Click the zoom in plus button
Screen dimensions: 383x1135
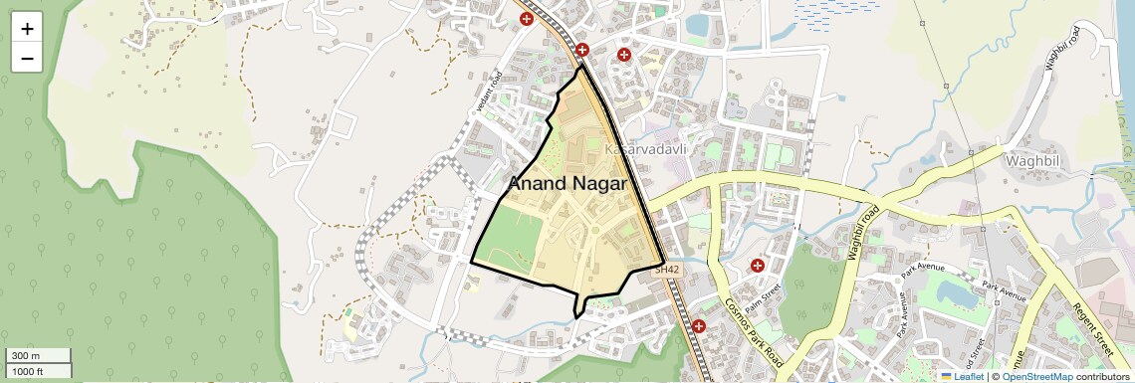point(27,28)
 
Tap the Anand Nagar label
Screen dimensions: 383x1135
point(567,184)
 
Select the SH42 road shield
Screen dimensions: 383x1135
point(666,270)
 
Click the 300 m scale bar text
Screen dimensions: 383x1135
point(27,356)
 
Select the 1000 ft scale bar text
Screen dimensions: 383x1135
point(27,371)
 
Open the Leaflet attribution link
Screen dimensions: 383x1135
point(961,377)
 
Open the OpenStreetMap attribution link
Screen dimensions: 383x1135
point(1036,377)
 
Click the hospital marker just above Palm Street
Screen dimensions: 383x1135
point(758,266)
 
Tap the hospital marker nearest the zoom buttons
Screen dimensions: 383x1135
point(526,18)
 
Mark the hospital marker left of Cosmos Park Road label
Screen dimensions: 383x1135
point(699,325)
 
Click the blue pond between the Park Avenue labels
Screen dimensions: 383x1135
point(956,291)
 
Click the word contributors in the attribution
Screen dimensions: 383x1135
point(1103,377)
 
